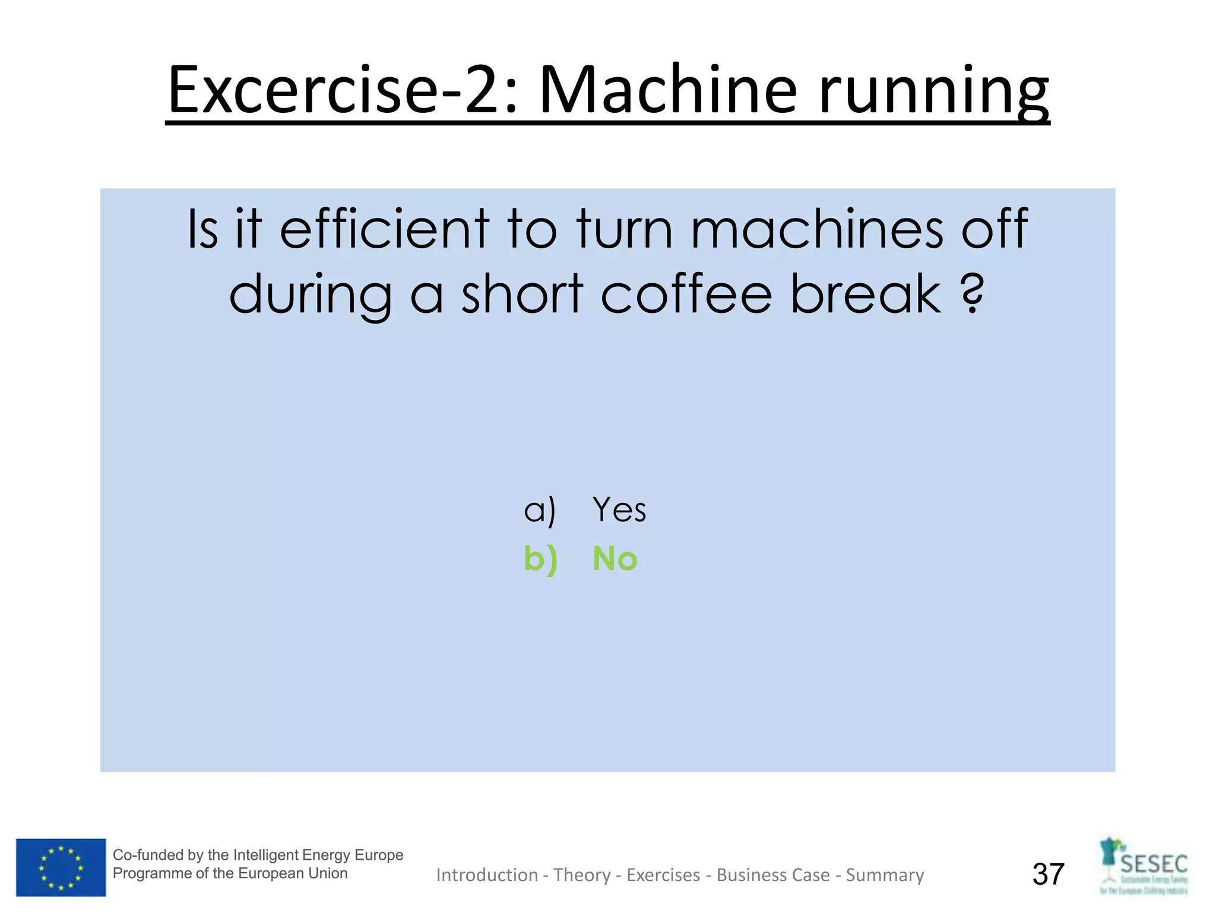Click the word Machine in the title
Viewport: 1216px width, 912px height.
pyautogui.click(x=667, y=90)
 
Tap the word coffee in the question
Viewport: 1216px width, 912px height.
pyautogui.click(x=686, y=293)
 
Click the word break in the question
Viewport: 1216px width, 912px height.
pyautogui.click(x=866, y=293)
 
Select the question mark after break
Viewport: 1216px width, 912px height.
pyautogui.click(x=972, y=293)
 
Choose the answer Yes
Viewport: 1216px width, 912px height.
pyautogui.click(x=619, y=509)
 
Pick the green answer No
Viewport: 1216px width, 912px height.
pyautogui.click(x=615, y=559)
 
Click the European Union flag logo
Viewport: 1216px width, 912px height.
pyautogui.click(x=61, y=867)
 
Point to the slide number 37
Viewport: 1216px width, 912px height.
pyautogui.click(x=1048, y=874)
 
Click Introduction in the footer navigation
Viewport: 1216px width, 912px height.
pyautogui.click(x=487, y=875)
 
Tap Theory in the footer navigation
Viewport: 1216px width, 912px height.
pyautogui.click(x=582, y=875)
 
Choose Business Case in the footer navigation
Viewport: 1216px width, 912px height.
pyautogui.click(x=773, y=875)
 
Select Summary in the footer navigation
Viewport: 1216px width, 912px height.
pyautogui.click(x=885, y=875)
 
